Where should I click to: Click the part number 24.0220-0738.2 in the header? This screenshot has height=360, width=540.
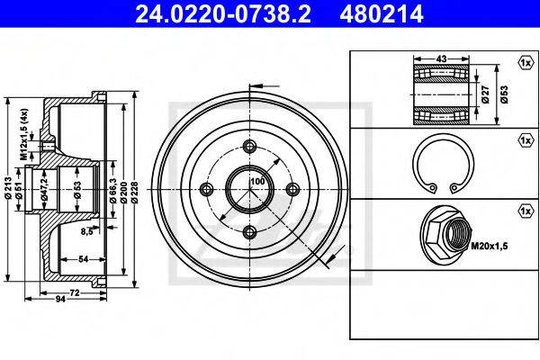click(x=223, y=13)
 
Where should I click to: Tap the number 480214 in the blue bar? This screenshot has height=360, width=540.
click(x=382, y=13)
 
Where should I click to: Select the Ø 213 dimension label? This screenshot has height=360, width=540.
click(x=9, y=188)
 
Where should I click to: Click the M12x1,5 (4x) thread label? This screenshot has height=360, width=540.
click(x=23, y=134)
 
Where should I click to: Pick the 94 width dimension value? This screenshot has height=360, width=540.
click(x=60, y=300)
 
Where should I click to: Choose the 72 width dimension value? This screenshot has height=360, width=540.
click(x=75, y=292)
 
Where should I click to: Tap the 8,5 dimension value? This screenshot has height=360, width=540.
click(x=86, y=231)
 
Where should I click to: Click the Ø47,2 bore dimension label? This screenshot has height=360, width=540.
click(x=43, y=189)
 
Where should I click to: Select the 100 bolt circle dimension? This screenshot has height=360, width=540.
click(x=257, y=181)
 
